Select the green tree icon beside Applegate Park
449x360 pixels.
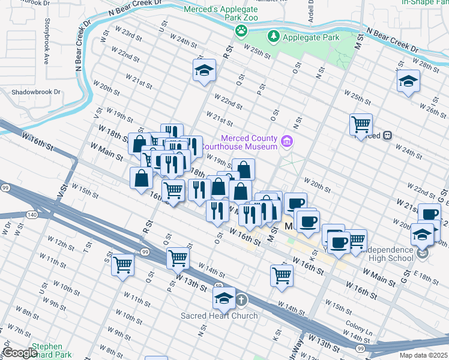pos(274,37)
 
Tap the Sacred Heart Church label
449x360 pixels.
pos(220,316)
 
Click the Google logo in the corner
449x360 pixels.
pos(20,353)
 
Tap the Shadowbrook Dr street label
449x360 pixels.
pos(36,92)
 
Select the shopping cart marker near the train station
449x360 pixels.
pos(361,124)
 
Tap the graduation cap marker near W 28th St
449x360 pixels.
pos(408,80)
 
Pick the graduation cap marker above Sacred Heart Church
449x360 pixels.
pos(224,297)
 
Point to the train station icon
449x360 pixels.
pos(388,136)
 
